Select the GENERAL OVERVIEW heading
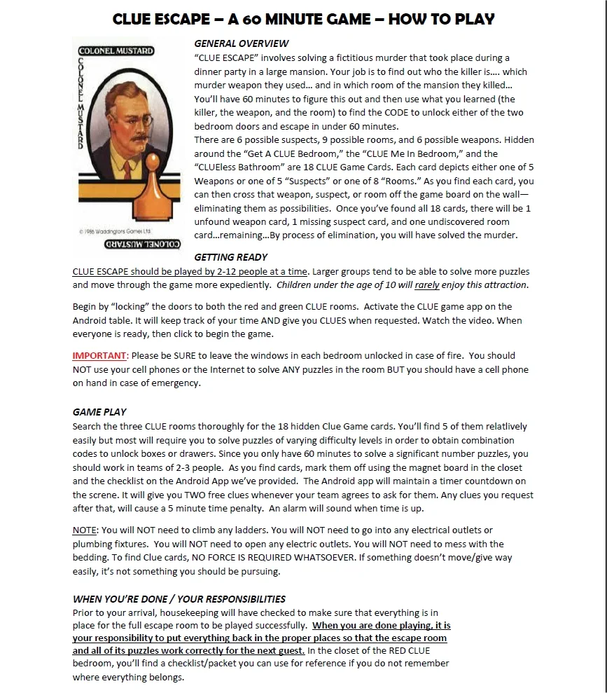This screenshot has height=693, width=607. (x=241, y=43)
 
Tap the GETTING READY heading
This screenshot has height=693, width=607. (x=230, y=257)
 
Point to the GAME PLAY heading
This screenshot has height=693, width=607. (x=99, y=412)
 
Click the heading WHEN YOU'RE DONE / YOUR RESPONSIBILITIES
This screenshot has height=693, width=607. (x=179, y=599)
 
